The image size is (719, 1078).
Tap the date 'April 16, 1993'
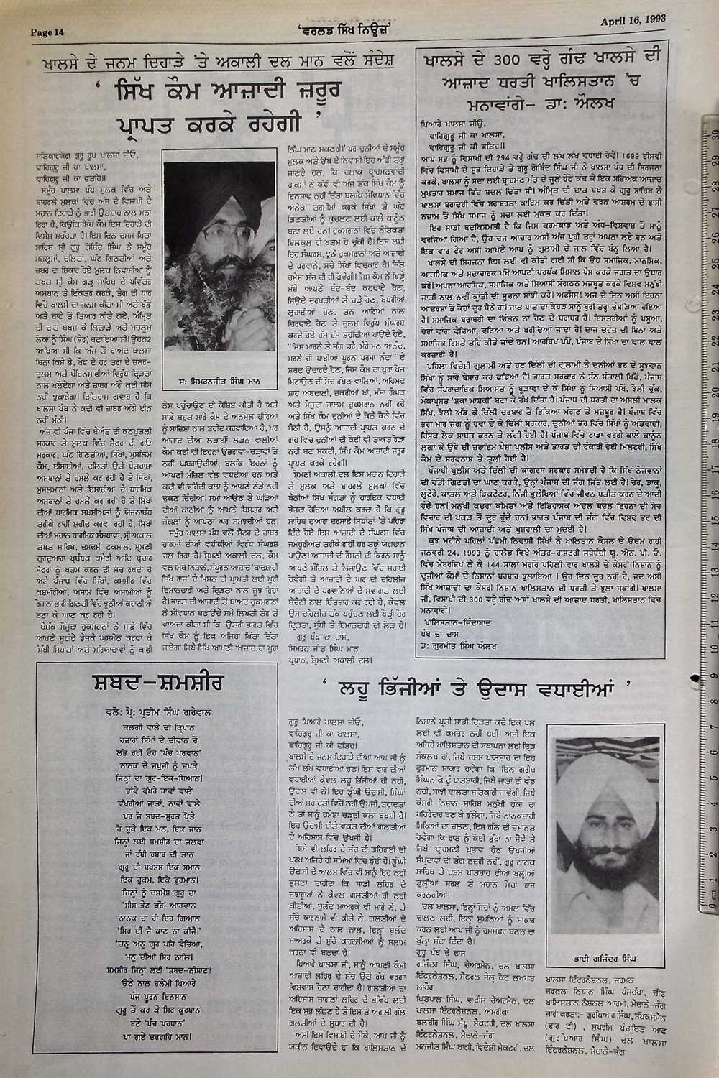tap(633, 20)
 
